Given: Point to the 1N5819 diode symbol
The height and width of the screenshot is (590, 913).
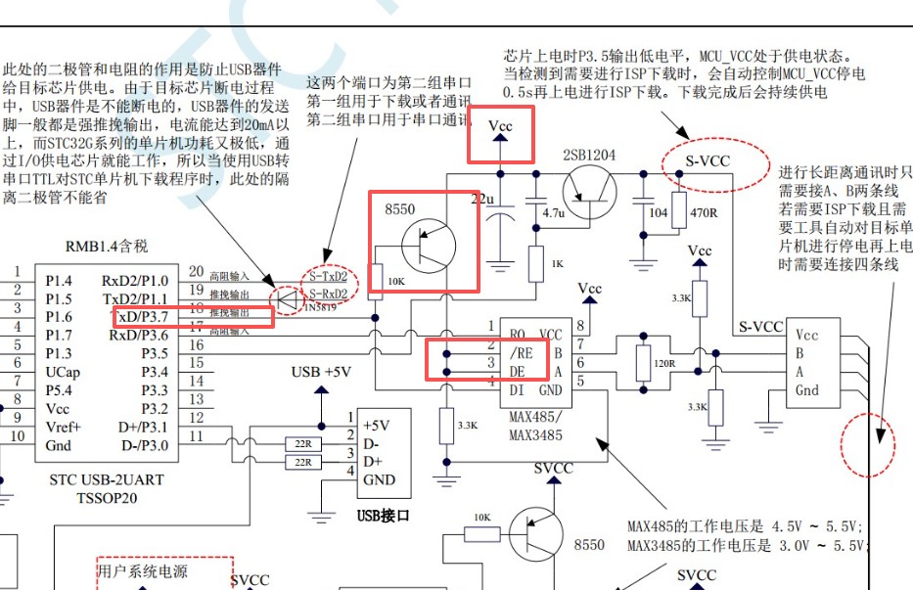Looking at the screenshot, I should tap(288, 297).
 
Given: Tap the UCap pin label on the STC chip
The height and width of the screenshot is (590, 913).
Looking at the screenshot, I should tap(64, 372).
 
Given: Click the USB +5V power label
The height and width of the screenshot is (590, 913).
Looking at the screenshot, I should tap(321, 372).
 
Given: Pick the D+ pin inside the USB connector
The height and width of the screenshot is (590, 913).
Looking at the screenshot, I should tap(373, 461).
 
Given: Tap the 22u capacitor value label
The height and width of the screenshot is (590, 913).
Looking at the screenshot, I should tap(482, 200).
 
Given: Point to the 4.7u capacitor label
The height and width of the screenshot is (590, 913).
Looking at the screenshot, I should tap(554, 212).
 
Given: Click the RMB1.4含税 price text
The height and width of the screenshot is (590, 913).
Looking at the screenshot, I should tap(107, 246).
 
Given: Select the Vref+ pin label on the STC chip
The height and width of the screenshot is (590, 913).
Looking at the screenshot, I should tap(64, 428).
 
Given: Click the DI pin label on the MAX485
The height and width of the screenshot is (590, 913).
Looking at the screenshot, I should tap(519, 389).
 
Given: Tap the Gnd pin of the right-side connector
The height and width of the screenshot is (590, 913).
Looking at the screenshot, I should tap(807, 390).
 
